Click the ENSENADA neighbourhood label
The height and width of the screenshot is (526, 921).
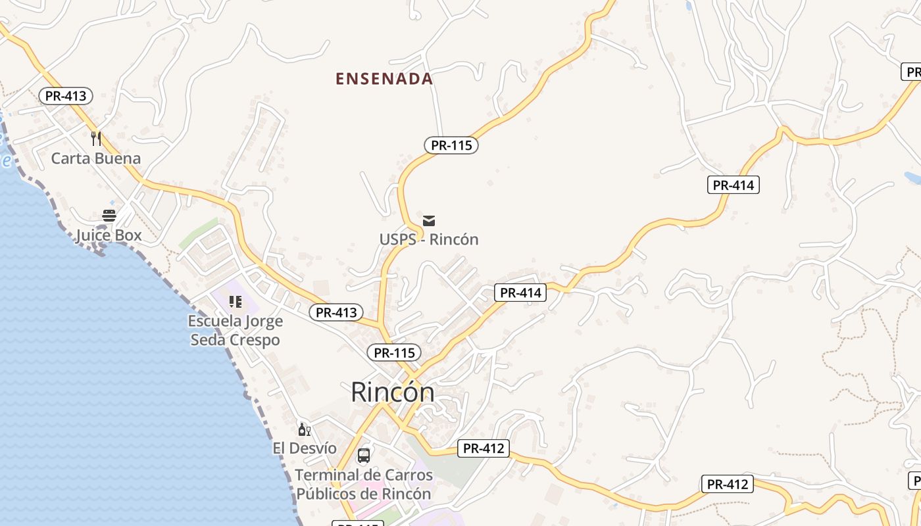coord(384,79)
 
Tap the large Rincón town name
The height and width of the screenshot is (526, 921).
coord(393,392)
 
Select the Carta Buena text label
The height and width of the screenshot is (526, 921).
coord(96,158)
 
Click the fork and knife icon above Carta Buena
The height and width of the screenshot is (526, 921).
coord(96,138)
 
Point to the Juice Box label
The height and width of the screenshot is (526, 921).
coord(109,235)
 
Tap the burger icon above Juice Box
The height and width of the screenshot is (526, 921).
coord(109,216)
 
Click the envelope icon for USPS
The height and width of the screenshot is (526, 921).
coord(429,220)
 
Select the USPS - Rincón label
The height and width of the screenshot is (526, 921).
coord(429,239)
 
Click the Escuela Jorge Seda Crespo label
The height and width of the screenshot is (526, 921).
coord(236,330)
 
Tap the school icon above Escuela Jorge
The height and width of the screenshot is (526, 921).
coord(236,302)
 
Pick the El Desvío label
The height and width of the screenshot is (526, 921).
coord(305,448)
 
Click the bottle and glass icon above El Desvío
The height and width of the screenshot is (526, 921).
coord(304,430)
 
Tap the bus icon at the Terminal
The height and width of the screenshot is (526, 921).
coord(364,455)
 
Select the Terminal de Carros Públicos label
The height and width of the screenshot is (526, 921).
coord(364,484)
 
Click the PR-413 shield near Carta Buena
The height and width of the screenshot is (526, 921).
coord(66,96)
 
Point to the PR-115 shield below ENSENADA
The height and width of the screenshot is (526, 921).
coord(451,145)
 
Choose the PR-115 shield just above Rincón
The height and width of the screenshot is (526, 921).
coord(394,353)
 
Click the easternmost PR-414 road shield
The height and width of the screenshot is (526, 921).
coord(734,185)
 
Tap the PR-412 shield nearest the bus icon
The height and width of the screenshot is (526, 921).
coord(484,449)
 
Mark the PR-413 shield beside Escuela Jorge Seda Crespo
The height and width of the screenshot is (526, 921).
coord(336,313)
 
